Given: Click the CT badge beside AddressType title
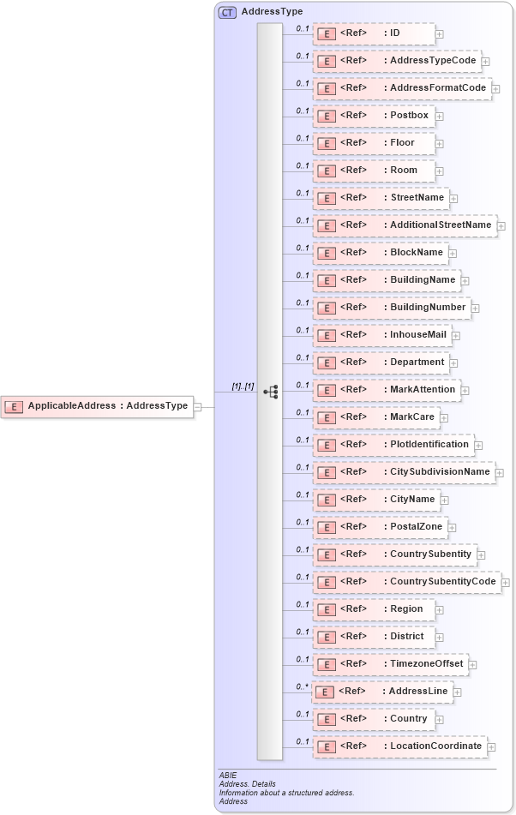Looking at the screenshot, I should pos(227,12).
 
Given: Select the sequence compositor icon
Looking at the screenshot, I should pos(271,392).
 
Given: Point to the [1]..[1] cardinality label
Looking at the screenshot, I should pos(243,387).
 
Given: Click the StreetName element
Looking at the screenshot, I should pos(381,198).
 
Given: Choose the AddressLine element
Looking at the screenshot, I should pos(381,692).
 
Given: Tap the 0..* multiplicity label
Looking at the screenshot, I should pos(302,686).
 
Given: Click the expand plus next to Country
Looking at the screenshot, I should pos(440,720).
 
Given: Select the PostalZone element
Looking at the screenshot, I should pos(380,527).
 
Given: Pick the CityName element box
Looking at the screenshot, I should pos(375,500).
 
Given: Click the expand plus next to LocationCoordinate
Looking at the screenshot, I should pos(492,747).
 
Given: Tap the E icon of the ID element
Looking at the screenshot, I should pos(327,34).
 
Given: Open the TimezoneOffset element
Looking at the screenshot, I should pos(390,664).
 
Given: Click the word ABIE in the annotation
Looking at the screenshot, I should pos(228,776).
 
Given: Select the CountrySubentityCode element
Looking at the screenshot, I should pos(406,582).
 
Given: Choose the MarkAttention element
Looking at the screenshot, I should pos(387,390).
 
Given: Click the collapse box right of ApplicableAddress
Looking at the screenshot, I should pos(198,406).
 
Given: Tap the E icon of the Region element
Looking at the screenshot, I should pos(327,610).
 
